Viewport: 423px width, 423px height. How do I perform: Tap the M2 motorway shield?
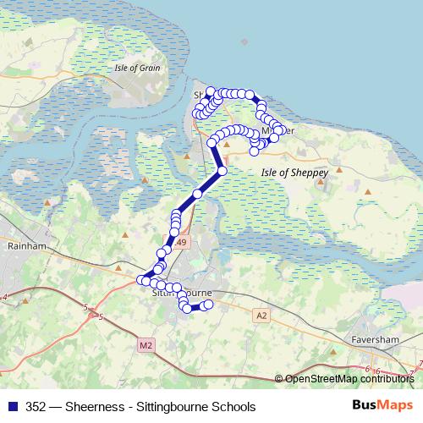pos(146,344)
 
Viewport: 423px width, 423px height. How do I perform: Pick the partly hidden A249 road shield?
pos(182,243)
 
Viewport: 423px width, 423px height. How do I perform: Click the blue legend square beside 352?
pos(12,405)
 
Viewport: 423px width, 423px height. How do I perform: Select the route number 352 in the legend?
pos(36,405)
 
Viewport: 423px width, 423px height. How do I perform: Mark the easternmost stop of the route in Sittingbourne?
pos(208,305)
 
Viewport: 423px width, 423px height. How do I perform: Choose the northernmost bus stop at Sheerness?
pos(210,91)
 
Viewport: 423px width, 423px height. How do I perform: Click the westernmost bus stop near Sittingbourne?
pos(141,279)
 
